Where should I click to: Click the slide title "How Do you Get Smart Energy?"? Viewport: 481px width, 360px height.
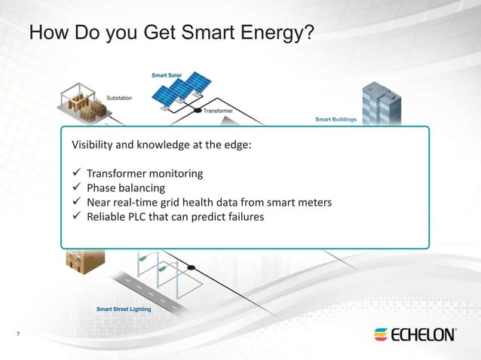tap(171, 34)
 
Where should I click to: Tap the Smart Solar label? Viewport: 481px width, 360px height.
tap(166, 75)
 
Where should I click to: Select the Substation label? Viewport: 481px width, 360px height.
tap(119, 98)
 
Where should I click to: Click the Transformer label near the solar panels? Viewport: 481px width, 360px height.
tap(219, 111)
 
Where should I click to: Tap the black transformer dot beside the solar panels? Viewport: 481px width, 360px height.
tap(198, 111)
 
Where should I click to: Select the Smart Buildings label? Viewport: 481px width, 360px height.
tap(335, 119)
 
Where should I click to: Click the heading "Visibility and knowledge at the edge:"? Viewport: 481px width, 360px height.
tap(161, 145)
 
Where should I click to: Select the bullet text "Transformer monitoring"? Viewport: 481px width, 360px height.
tap(145, 173)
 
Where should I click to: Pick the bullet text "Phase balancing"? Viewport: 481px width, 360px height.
tap(125, 188)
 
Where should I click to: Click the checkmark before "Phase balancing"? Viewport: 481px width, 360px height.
tap(75, 188)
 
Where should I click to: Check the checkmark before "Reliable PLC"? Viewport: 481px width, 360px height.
tap(75, 217)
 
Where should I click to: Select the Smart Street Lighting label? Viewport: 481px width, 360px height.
tap(124, 309)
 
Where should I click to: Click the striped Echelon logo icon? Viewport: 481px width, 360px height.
tap(381, 334)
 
